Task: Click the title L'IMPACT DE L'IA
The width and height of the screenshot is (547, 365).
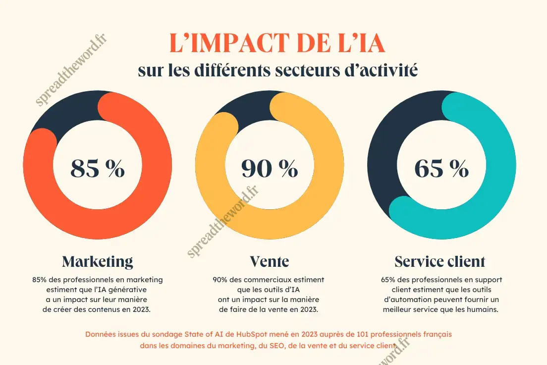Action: (277, 44)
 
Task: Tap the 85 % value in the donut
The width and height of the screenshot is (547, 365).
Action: (98, 169)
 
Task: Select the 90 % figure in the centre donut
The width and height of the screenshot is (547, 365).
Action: (270, 169)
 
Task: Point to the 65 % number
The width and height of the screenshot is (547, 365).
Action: (441, 169)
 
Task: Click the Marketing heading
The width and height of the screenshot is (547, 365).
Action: (98, 261)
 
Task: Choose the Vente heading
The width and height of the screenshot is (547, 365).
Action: (269, 261)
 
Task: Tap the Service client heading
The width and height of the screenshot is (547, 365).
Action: (440, 261)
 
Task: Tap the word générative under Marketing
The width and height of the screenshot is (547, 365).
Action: (129, 290)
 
